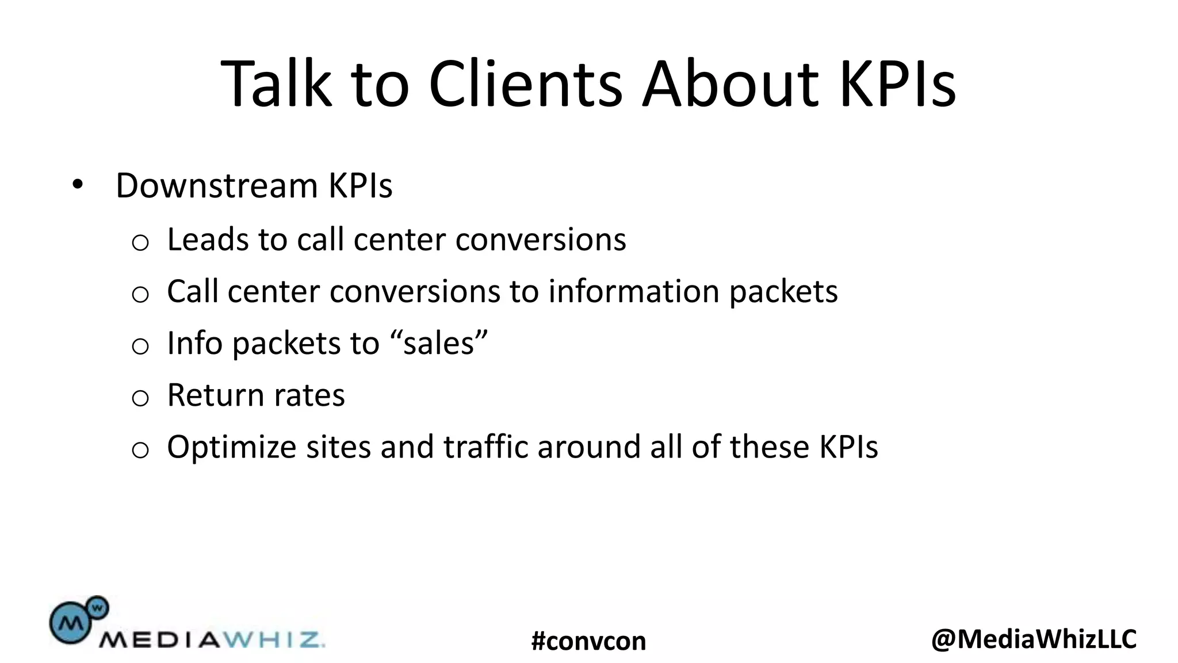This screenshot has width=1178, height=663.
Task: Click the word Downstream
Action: pyautogui.click(x=216, y=186)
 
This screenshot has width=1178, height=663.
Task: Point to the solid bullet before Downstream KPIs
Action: pyautogui.click(x=78, y=185)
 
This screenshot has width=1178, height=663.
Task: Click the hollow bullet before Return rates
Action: pyautogui.click(x=140, y=398)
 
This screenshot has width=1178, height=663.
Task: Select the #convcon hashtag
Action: pyautogui.click(x=588, y=641)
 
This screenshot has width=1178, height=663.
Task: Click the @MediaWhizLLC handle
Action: pyautogui.click(x=1034, y=639)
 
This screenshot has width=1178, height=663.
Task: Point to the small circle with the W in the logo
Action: pyautogui.click(x=98, y=607)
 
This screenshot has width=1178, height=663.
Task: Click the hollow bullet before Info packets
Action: pyautogui.click(x=140, y=346)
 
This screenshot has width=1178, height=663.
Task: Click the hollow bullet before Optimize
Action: pyautogui.click(x=140, y=449)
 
